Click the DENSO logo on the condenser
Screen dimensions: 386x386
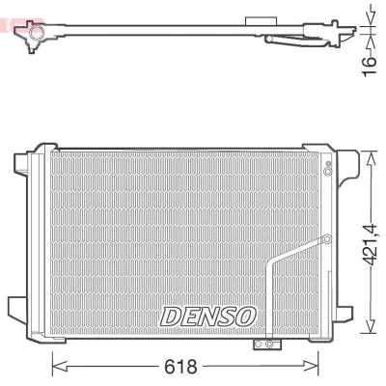tap(208, 317)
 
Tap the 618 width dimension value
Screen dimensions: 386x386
tap(180, 367)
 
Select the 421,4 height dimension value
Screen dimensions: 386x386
tap(371, 245)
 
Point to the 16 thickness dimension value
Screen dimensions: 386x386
tap(370, 67)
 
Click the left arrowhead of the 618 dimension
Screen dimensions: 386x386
tap(60, 367)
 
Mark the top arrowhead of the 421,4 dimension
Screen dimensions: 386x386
tap(372, 158)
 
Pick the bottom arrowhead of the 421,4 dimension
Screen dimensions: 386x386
tap(372, 325)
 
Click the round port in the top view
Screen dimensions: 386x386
tap(37, 32)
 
